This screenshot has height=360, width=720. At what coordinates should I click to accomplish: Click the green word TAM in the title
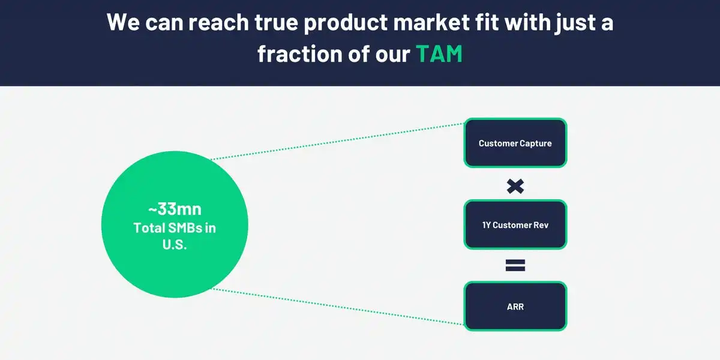pos(439,53)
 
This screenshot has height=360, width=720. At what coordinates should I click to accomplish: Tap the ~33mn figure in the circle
pos(175,209)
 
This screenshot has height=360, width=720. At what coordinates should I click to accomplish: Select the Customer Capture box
pos(515,143)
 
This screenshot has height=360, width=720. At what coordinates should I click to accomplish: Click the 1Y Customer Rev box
pos(515,224)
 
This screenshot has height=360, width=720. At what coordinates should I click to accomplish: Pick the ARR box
pos(515,306)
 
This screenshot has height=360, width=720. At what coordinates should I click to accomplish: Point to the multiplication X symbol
pos(515,187)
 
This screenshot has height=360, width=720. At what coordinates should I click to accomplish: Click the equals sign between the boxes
pos(515,265)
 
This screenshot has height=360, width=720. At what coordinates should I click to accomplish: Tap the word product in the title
pos(346,23)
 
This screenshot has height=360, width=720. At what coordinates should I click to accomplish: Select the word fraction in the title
pos(300,53)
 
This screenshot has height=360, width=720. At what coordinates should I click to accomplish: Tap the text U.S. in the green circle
pos(175,245)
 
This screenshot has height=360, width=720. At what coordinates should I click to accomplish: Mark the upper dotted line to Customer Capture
pos(337,141)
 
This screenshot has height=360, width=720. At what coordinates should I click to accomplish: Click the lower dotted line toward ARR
pos(337,307)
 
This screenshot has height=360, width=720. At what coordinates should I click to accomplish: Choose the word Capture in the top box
pos(536,143)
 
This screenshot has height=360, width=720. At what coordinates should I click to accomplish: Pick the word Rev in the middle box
pos(541,225)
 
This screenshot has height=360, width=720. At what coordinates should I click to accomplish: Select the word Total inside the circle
pos(149,228)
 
